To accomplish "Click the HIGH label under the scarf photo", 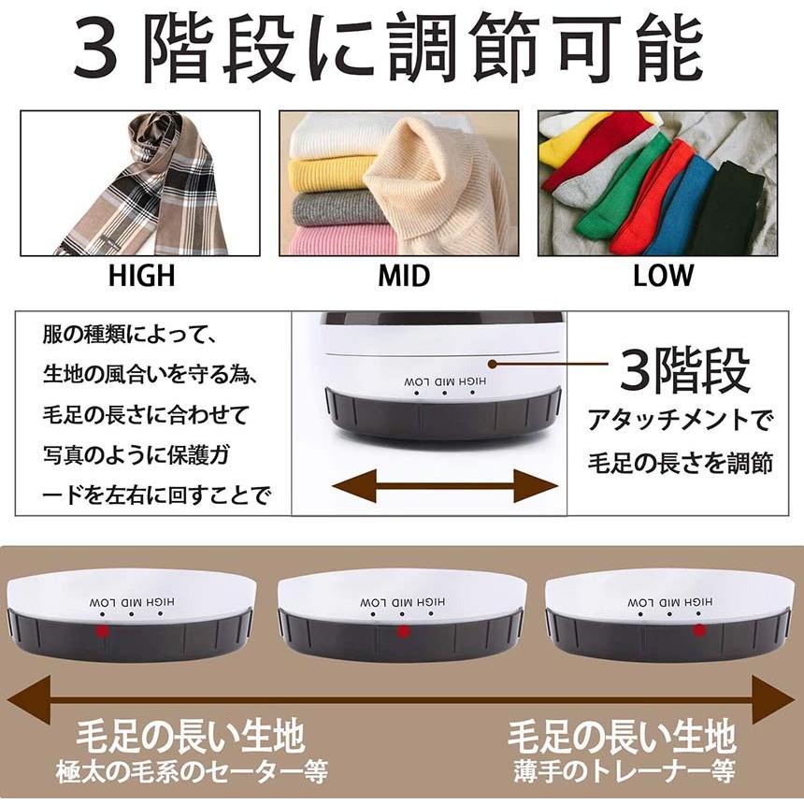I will (x=141, y=276).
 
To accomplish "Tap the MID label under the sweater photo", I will (x=403, y=276).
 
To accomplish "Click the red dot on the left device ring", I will (x=101, y=633).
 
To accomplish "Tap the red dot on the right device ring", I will (x=696, y=633).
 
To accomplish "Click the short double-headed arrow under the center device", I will (x=445, y=486).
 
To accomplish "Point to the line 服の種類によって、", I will (x=129, y=334).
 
